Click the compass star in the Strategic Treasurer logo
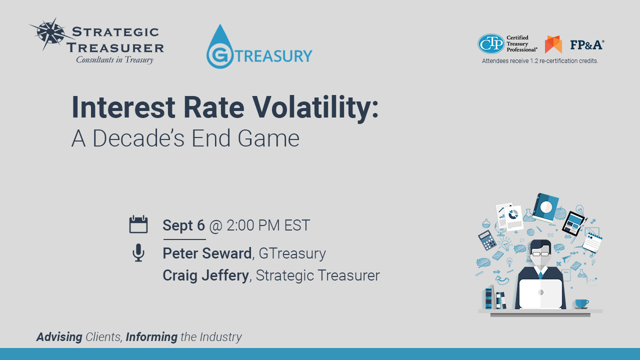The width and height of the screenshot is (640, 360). (51, 33)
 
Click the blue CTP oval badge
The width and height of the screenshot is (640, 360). (491, 43)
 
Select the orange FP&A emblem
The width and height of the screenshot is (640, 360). (553, 44)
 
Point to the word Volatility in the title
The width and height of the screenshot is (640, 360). (315, 108)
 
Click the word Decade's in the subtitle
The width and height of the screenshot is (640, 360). (138, 138)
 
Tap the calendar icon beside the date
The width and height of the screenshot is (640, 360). (138, 224)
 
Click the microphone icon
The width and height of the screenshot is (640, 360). (138, 253)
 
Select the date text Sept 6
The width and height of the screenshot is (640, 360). (183, 225)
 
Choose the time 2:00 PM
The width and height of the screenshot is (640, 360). (253, 225)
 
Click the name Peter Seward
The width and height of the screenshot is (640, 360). (207, 253)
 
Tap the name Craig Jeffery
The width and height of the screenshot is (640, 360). (205, 275)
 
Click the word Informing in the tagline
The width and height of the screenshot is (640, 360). (151, 337)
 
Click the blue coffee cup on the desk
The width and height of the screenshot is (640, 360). (581, 304)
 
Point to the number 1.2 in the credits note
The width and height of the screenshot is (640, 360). (533, 61)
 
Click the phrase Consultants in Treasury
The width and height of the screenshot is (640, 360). (115, 60)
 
